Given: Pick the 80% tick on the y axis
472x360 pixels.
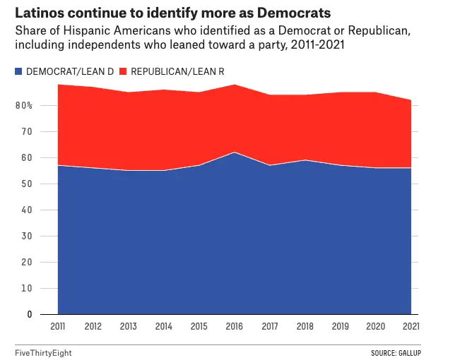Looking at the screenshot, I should (25, 106).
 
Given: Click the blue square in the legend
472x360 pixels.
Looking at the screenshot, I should (18, 71).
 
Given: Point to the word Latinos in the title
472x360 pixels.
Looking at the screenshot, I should (39, 13).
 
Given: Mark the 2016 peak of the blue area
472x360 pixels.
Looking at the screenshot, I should (234, 152).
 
